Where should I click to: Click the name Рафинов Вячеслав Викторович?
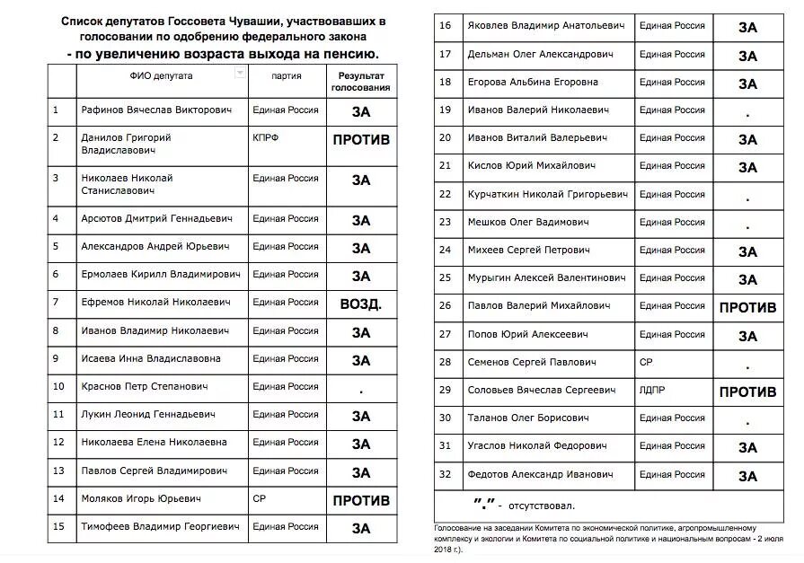[156, 110]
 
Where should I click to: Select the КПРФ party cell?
[266, 138]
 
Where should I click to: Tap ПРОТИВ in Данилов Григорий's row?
[361, 141]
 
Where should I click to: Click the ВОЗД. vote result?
[361, 304]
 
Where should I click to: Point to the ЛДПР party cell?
[652, 391]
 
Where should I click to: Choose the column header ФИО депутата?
[161, 76]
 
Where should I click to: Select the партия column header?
[286, 76]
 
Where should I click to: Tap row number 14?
[59, 498]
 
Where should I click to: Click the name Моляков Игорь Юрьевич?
[140, 498]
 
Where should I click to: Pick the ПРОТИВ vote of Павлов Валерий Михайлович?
[747, 307]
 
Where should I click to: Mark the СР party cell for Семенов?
[645, 363]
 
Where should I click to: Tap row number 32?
[445, 474]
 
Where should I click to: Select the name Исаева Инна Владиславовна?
[150, 358]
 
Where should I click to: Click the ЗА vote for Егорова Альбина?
[747, 84]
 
